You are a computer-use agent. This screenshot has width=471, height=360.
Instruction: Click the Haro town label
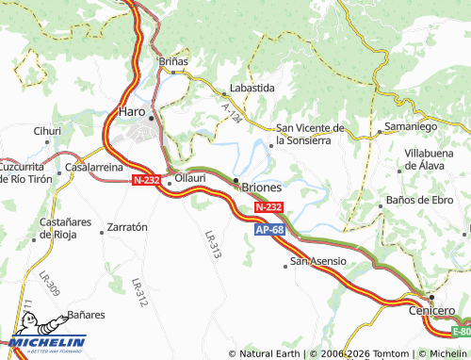click(x=130, y=111)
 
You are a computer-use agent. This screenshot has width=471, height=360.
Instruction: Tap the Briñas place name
click(x=172, y=61)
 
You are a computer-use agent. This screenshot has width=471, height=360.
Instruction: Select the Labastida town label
click(x=252, y=88)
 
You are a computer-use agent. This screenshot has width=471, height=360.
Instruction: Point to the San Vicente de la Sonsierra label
click(x=310, y=134)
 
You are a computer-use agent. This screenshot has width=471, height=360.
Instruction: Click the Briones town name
click(x=262, y=187)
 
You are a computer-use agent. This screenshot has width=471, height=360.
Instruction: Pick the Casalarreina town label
click(x=93, y=167)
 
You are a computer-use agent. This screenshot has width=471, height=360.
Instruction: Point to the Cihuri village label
click(x=47, y=131)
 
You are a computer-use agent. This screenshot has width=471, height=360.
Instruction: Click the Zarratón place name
click(x=128, y=227)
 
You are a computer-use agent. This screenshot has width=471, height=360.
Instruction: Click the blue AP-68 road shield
click(x=268, y=230)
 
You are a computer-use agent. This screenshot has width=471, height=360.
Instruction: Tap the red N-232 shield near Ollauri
click(x=147, y=179)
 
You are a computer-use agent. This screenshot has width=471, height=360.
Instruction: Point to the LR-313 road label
click(x=213, y=245)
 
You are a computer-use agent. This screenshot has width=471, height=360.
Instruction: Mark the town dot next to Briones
click(x=235, y=179)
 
